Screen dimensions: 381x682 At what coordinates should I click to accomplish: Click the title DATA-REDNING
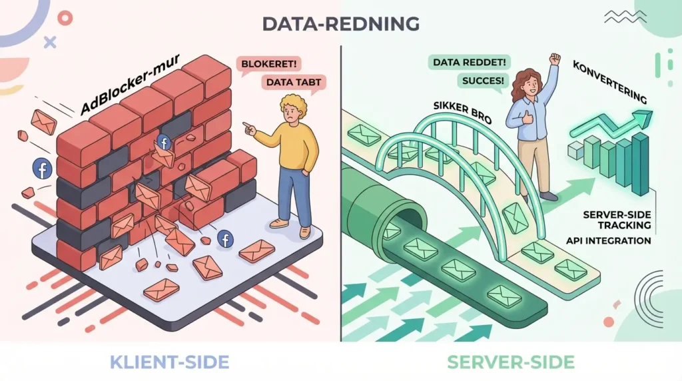(x=340, y=23)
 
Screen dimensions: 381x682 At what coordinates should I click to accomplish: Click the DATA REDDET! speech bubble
(x=460, y=62)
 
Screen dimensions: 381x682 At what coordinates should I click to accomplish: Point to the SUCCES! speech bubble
(x=478, y=81)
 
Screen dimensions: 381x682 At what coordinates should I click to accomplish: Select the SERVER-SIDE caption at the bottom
(x=511, y=362)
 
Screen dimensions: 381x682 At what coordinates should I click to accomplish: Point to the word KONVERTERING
(x=609, y=83)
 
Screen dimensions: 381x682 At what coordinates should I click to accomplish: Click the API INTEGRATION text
(x=608, y=240)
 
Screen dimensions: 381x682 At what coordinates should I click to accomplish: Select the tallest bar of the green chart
(x=640, y=163)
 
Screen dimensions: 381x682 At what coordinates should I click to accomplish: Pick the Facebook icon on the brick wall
(x=163, y=142)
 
